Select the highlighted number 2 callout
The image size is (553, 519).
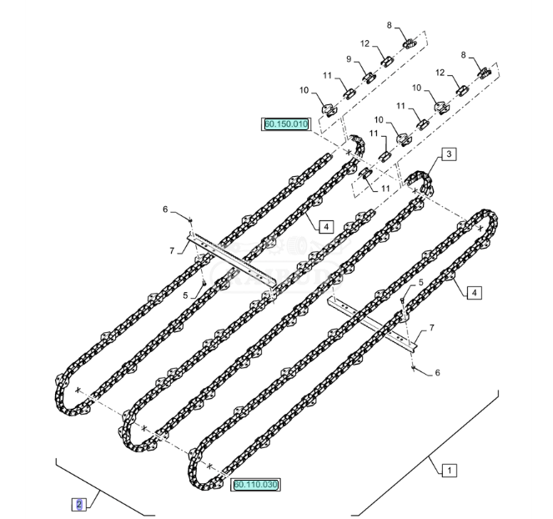[x=79, y=504]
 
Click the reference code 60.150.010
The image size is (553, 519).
[x=286, y=124]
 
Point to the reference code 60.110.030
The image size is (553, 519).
[x=256, y=484]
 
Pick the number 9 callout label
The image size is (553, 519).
[x=349, y=59]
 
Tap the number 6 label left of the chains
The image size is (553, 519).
[x=164, y=209]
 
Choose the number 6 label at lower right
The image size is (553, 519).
[x=437, y=373]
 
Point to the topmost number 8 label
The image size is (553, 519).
[x=389, y=26]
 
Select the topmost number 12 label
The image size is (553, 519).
[x=365, y=43]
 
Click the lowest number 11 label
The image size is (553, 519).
[x=385, y=189]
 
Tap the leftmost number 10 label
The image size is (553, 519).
[x=304, y=90]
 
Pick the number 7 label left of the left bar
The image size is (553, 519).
[x=172, y=250]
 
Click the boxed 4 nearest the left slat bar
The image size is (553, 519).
[x=325, y=226]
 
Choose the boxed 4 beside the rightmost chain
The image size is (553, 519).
[x=473, y=292]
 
